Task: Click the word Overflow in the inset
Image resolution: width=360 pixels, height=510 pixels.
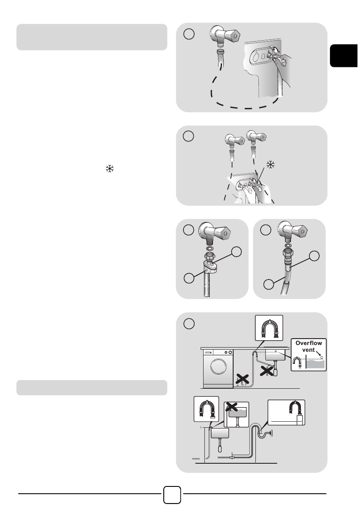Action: pos(309,343)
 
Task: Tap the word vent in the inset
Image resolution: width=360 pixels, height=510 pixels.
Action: pos(308,350)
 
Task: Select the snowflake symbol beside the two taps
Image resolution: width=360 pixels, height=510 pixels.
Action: pos(270,165)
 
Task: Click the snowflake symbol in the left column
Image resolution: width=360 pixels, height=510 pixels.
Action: pos(110,168)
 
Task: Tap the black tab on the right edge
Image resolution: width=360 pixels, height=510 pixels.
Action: pos(345,55)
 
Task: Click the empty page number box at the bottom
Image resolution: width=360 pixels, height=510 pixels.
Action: pos(172,495)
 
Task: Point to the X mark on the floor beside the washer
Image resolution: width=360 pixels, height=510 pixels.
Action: pos(242,379)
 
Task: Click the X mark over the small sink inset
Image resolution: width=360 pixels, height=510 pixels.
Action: pos(232,406)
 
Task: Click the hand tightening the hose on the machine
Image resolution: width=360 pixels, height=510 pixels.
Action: pos(282,60)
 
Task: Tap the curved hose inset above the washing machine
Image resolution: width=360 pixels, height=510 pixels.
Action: pos(269,328)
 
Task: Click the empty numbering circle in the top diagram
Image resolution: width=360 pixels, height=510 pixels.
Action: pos(189,34)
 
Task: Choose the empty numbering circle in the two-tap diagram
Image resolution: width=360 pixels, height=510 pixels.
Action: pos(188,136)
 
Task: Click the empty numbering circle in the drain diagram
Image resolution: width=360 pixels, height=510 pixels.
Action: pos(189,323)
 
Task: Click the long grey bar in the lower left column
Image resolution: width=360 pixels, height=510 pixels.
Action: pos(92,388)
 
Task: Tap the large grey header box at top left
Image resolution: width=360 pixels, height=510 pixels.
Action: pos(92,37)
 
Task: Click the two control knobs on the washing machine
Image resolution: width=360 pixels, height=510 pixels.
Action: pos(228,352)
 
